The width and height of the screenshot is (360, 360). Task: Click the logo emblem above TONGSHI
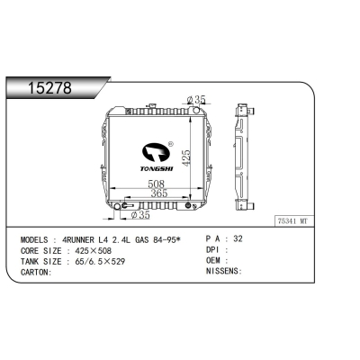pyautogui.click(x=157, y=148)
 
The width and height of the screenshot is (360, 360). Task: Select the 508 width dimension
pyautogui.click(x=156, y=184)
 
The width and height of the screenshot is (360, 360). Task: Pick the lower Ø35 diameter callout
pyautogui.click(x=140, y=216)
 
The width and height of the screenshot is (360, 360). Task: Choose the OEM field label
pyautogui.click(x=214, y=261)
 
